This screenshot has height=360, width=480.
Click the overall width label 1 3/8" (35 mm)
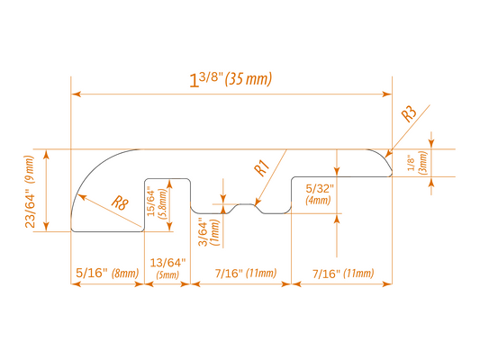coord(231,80)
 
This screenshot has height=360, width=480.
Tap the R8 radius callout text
coord(120,202)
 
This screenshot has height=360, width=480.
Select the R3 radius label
coord(409,113)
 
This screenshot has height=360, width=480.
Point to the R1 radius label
coord(262,168)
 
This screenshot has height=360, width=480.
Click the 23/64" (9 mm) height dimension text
coord(30,192)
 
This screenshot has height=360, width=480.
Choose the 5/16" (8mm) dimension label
coord(107,273)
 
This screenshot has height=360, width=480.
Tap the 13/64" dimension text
coord(168,263)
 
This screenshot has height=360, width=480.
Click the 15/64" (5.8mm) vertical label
coord(157,202)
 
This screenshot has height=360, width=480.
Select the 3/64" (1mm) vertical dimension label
coord(210,232)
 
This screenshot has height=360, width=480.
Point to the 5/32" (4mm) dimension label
coord(319,193)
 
